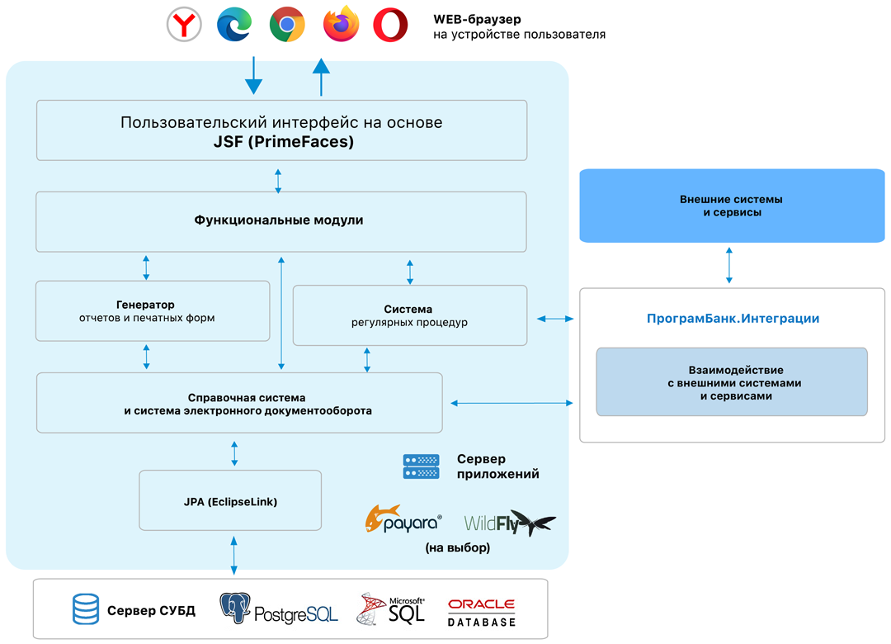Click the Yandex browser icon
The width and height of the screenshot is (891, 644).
tap(185, 25)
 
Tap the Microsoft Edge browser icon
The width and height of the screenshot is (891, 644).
tap(234, 25)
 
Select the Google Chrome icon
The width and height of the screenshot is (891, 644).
tap(287, 25)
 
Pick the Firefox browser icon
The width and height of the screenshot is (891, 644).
tap(341, 25)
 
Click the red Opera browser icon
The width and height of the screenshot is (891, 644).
tap(390, 25)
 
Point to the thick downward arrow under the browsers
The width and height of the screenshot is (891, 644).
tap(253, 76)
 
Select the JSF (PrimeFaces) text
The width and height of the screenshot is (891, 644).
tap(281, 142)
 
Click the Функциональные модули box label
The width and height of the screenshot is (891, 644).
tap(279, 220)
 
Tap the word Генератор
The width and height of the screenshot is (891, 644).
tap(146, 305)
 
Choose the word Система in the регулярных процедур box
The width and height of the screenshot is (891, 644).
tap(408, 310)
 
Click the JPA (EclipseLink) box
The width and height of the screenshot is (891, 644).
tap(229, 501)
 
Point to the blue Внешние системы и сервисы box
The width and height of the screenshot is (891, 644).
tap(731, 206)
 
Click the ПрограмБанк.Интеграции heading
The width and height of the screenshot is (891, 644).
tap(732, 318)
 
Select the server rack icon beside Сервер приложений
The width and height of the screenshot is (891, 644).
tap(421, 466)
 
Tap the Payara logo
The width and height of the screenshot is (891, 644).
tap(403, 519)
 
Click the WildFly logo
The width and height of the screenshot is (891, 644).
tap(509, 522)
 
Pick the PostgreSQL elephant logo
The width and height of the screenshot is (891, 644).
tap(236, 609)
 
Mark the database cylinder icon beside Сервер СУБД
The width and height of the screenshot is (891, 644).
tap(85, 611)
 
